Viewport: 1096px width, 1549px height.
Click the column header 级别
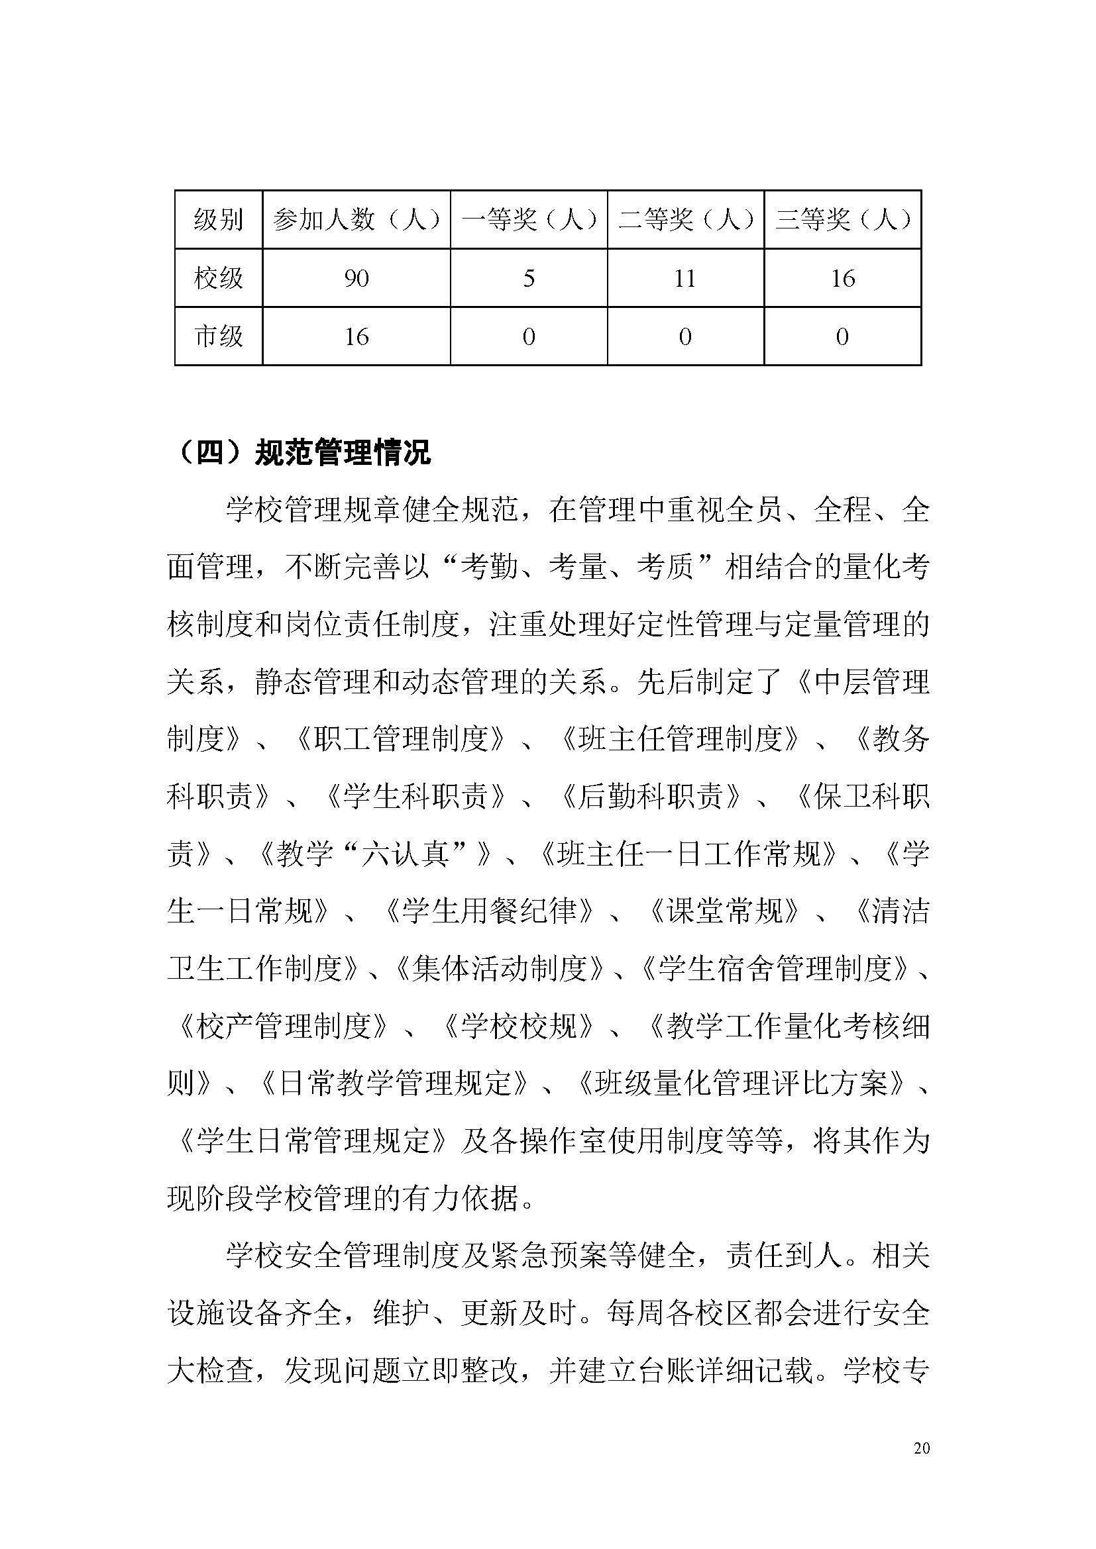[218, 219]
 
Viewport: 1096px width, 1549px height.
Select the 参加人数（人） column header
[356, 219]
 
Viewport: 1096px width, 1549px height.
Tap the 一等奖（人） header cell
[529, 219]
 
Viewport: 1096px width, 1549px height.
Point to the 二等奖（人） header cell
[686, 219]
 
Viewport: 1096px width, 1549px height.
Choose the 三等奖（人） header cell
[843, 219]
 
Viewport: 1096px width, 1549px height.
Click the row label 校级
[218, 278]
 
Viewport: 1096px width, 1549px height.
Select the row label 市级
[218, 336]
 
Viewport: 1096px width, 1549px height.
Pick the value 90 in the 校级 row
[356, 278]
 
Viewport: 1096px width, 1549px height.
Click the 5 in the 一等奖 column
[529, 278]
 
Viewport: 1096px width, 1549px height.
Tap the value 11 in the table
[685, 278]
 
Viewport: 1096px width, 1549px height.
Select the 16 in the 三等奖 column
[843, 278]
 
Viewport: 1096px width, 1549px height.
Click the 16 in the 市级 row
[356, 336]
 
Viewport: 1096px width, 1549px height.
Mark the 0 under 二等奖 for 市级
[685, 336]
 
